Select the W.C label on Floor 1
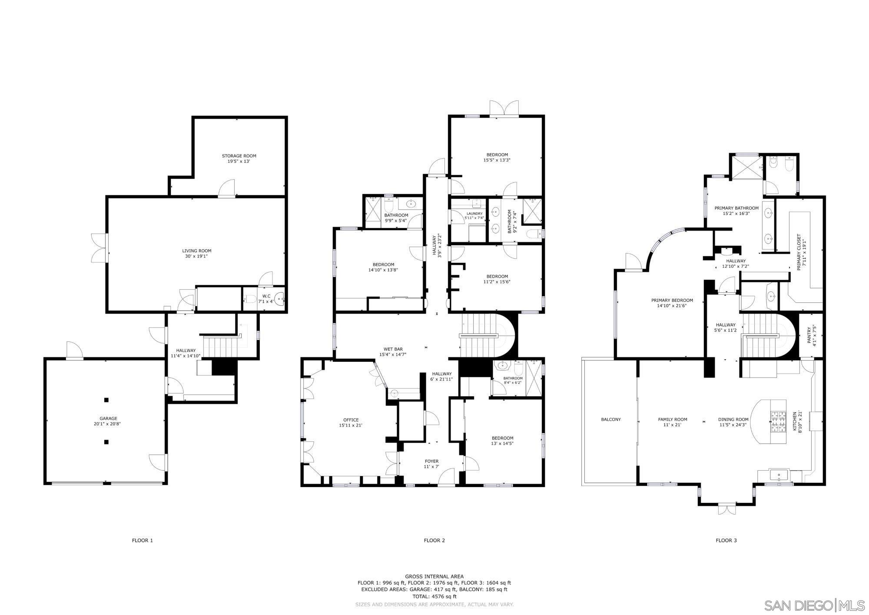tap(266, 296)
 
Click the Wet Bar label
tap(393, 349)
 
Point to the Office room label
tap(351, 420)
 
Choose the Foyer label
tap(431, 461)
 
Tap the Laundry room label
tap(474, 214)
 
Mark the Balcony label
tap(610, 419)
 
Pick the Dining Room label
tap(733, 419)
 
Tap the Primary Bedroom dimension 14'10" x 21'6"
tap(672, 305)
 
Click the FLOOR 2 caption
tap(434, 540)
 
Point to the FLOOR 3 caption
tap(726, 540)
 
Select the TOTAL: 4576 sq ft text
tap(434, 596)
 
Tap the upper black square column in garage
tap(106, 400)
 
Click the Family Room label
tap(672, 419)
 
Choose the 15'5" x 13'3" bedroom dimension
tap(497, 160)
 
